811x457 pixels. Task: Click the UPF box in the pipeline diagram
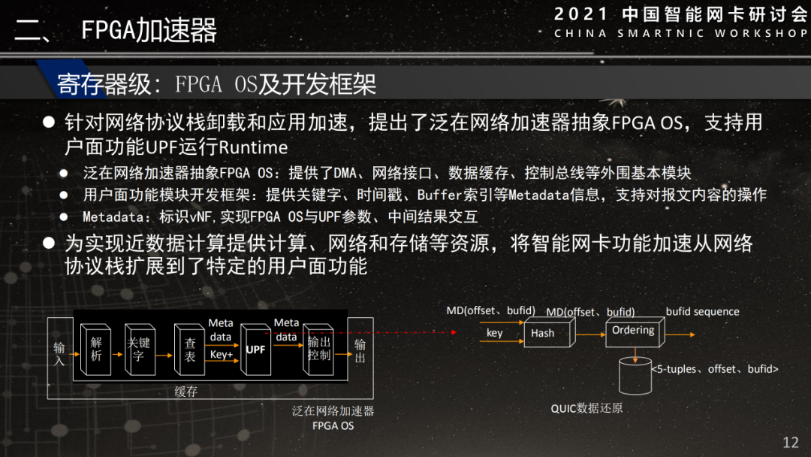tap(255, 350)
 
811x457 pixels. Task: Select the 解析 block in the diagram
tap(96, 349)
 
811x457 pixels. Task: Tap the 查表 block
tap(190, 350)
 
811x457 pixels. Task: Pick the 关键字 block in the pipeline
tap(138, 350)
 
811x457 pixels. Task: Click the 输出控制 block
tap(318, 350)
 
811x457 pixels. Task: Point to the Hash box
tap(542, 333)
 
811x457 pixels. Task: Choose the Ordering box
tap(632, 331)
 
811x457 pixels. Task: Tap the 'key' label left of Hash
tap(495, 333)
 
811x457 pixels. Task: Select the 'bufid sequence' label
tap(702, 311)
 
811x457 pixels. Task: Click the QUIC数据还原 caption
tap(586, 408)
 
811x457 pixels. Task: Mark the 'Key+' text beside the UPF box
tap(221, 354)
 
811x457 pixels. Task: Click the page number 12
tap(790, 442)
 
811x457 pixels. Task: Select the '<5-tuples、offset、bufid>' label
tap(714, 369)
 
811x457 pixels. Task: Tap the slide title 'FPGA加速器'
tap(149, 31)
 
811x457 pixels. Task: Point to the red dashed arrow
tap(405, 331)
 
